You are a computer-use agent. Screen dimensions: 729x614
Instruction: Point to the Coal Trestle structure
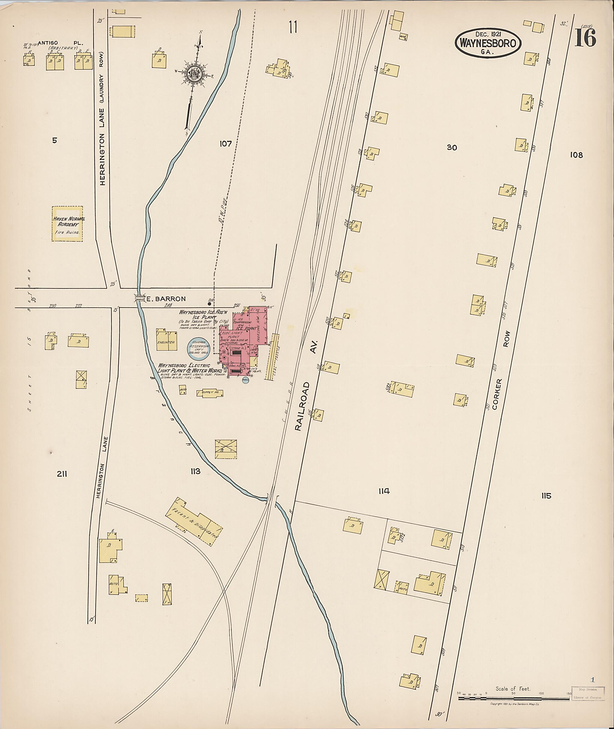[272, 357]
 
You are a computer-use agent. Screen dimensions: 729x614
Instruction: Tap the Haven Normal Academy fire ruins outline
[67, 224]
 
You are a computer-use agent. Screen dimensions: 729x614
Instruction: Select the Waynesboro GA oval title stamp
[488, 43]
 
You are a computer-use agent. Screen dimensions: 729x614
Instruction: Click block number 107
[225, 143]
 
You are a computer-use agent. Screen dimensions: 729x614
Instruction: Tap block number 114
[384, 491]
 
